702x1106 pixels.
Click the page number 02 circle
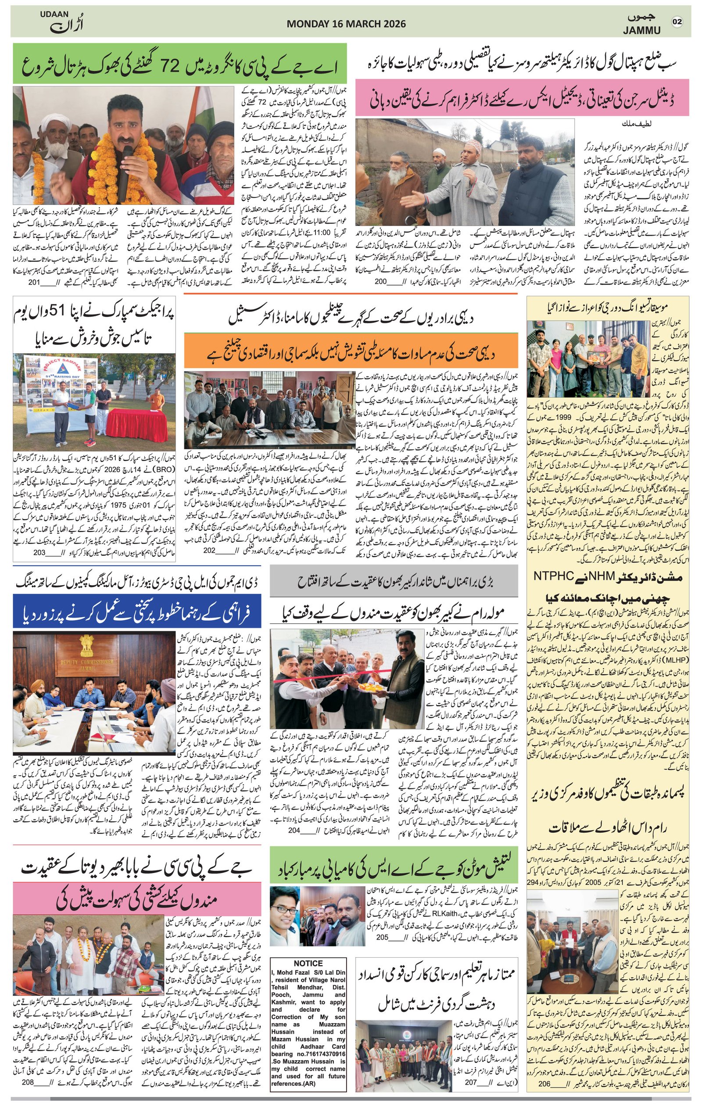pos(677,21)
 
